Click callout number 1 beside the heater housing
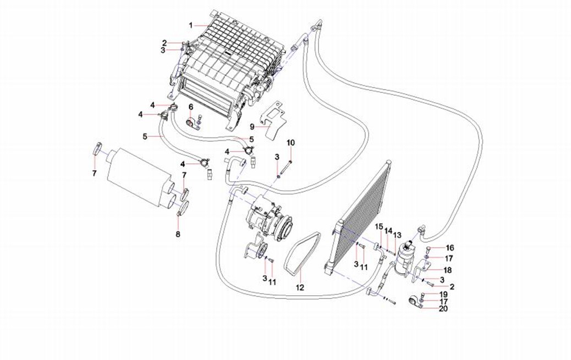click(191, 25)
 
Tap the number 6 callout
click(191, 107)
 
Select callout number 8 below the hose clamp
click(178, 234)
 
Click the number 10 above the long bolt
click(291, 143)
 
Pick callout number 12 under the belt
click(300, 287)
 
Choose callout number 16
click(449, 248)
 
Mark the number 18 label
click(448, 270)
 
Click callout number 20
click(443, 309)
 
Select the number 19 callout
click(443, 295)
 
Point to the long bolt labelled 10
click(289, 165)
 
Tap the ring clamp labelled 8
click(183, 208)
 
